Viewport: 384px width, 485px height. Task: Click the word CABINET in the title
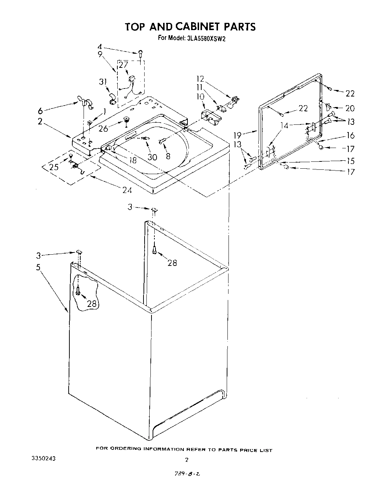click(x=198, y=27)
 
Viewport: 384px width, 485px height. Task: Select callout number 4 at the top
click(x=100, y=47)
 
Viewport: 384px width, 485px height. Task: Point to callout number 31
click(x=103, y=82)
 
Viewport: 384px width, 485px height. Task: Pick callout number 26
click(x=103, y=128)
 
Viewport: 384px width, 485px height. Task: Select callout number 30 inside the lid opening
click(x=152, y=157)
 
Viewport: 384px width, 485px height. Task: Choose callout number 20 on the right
click(x=350, y=108)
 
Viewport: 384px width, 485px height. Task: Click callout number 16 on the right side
click(x=351, y=135)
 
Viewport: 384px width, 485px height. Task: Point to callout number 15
click(x=351, y=161)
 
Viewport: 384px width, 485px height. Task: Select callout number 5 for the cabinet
click(x=38, y=267)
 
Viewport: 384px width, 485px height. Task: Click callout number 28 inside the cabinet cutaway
click(x=92, y=303)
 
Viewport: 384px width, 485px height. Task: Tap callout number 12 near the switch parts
click(x=200, y=78)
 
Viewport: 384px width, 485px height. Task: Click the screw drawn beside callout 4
click(x=141, y=53)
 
